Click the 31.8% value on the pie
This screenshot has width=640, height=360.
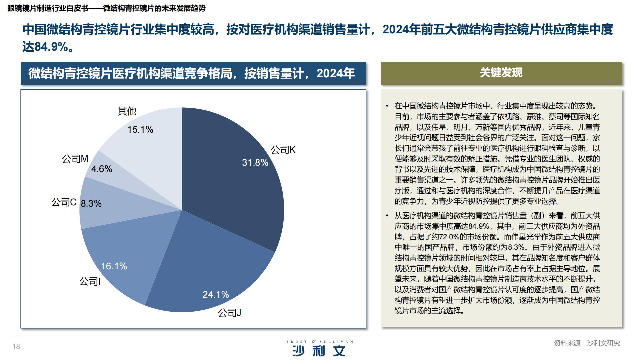(255, 162)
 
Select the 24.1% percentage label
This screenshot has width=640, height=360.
(216, 294)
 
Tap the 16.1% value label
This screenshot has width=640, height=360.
(114, 266)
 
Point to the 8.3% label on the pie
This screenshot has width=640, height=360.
(91, 203)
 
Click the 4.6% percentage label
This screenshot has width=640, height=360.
(102, 169)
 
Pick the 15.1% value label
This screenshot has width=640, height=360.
(140, 129)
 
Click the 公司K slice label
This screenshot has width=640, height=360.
(283, 150)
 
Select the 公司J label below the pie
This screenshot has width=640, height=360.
(229, 313)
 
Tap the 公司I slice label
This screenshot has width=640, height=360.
(90, 282)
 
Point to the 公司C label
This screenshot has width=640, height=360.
(64, 202)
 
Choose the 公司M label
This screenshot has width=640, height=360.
(75, 159)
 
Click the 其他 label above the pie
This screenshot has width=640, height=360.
(127, 111)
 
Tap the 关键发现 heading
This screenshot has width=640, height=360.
(501, 73)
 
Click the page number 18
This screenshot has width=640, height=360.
(16, 347)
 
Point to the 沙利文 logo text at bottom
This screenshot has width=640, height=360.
(319, 351)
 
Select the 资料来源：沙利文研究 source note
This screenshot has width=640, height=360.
(587, 343)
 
